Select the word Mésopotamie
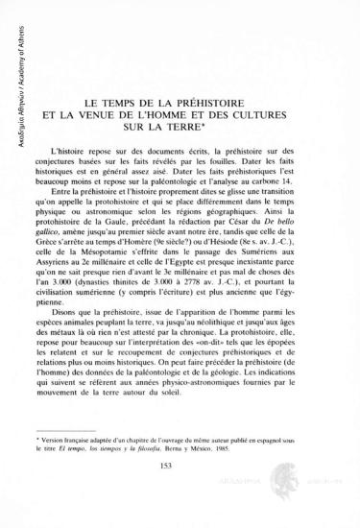click(x=122, y=290)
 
